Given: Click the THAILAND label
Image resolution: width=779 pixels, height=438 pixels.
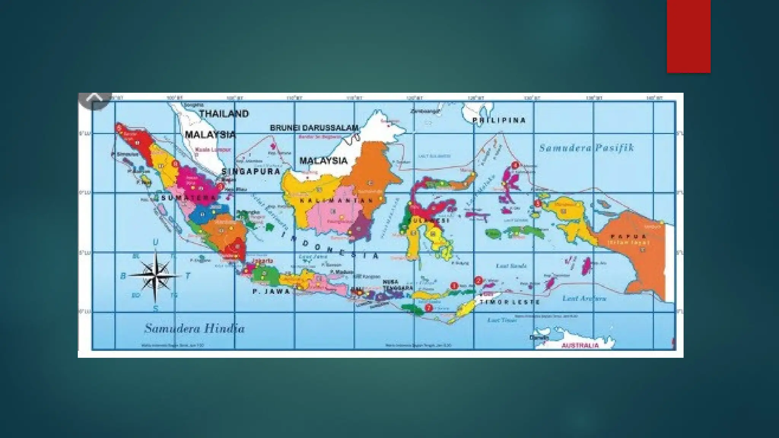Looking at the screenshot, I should [x=224, y=114].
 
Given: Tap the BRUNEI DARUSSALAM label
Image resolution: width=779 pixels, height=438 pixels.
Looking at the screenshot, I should [x=314, y=128].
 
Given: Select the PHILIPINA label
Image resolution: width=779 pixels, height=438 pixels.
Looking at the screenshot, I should [x=499, y=120].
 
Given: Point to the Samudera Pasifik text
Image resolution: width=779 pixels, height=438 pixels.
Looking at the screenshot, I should [x=586, y=148].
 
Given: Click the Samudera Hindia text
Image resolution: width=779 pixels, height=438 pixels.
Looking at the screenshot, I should [x=194, y=328].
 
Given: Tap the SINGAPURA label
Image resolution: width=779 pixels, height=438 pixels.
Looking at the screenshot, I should [x=251, y=171].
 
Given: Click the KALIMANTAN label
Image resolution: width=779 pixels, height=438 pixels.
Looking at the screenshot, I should [x=336, y=200].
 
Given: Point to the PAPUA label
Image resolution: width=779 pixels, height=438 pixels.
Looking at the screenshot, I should [x=629, y=236].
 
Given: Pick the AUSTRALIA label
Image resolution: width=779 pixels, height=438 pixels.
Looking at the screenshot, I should [x=580, y=345].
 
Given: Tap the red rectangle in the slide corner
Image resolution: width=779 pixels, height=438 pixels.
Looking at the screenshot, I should [x=688, y=36].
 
